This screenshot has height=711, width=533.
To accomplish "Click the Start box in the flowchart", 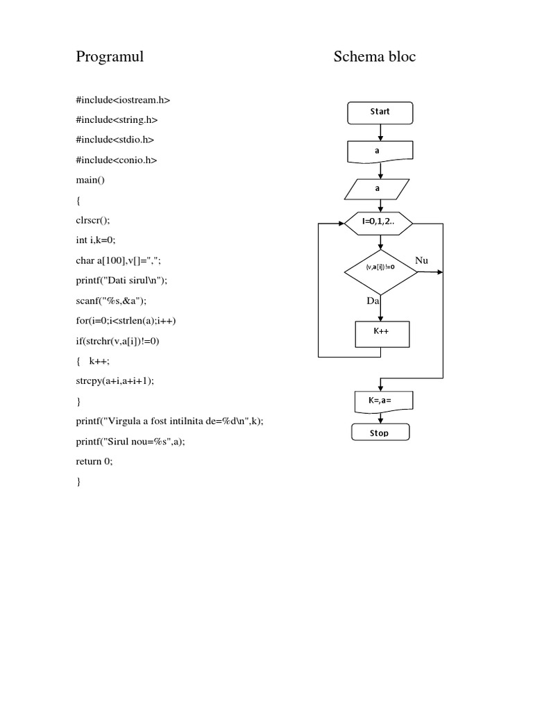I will pos(380,112).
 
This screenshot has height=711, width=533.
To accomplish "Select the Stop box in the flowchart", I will pos(380,433).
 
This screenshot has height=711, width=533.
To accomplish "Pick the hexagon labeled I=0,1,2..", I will pos(379,222).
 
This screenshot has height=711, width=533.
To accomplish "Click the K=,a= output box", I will pos(380,401).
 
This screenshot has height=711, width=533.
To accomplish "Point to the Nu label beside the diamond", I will pos(422,260).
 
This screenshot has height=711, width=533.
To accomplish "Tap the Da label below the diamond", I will pos(373,301).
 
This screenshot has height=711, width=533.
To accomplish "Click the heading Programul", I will pos(110,57).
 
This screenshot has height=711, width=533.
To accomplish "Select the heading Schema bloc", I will pos(374,57).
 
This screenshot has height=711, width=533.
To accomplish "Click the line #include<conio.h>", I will pos(117,160).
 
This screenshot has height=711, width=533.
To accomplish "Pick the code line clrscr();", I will pos(93,220).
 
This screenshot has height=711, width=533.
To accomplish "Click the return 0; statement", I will pos(94,461).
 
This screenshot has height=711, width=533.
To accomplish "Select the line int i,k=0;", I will pos(95,240).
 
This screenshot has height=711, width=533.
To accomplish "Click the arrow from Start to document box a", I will pos(380,132).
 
